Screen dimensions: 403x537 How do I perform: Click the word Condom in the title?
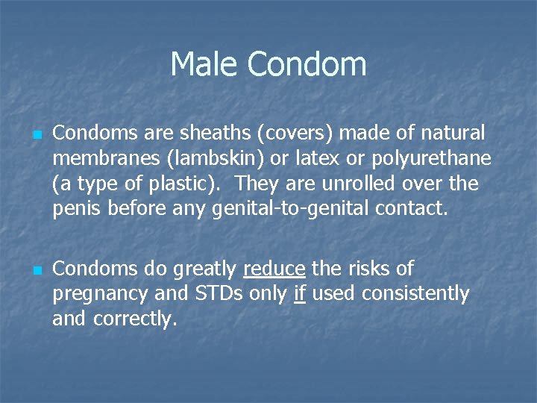tap(307, 64)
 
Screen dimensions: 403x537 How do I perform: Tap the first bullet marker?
tap(36, 135)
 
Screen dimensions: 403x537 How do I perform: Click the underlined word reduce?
tap(275, 268)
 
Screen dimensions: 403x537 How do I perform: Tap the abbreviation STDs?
tap(216, 293)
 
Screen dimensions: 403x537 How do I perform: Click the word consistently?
tap(415, 294)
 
